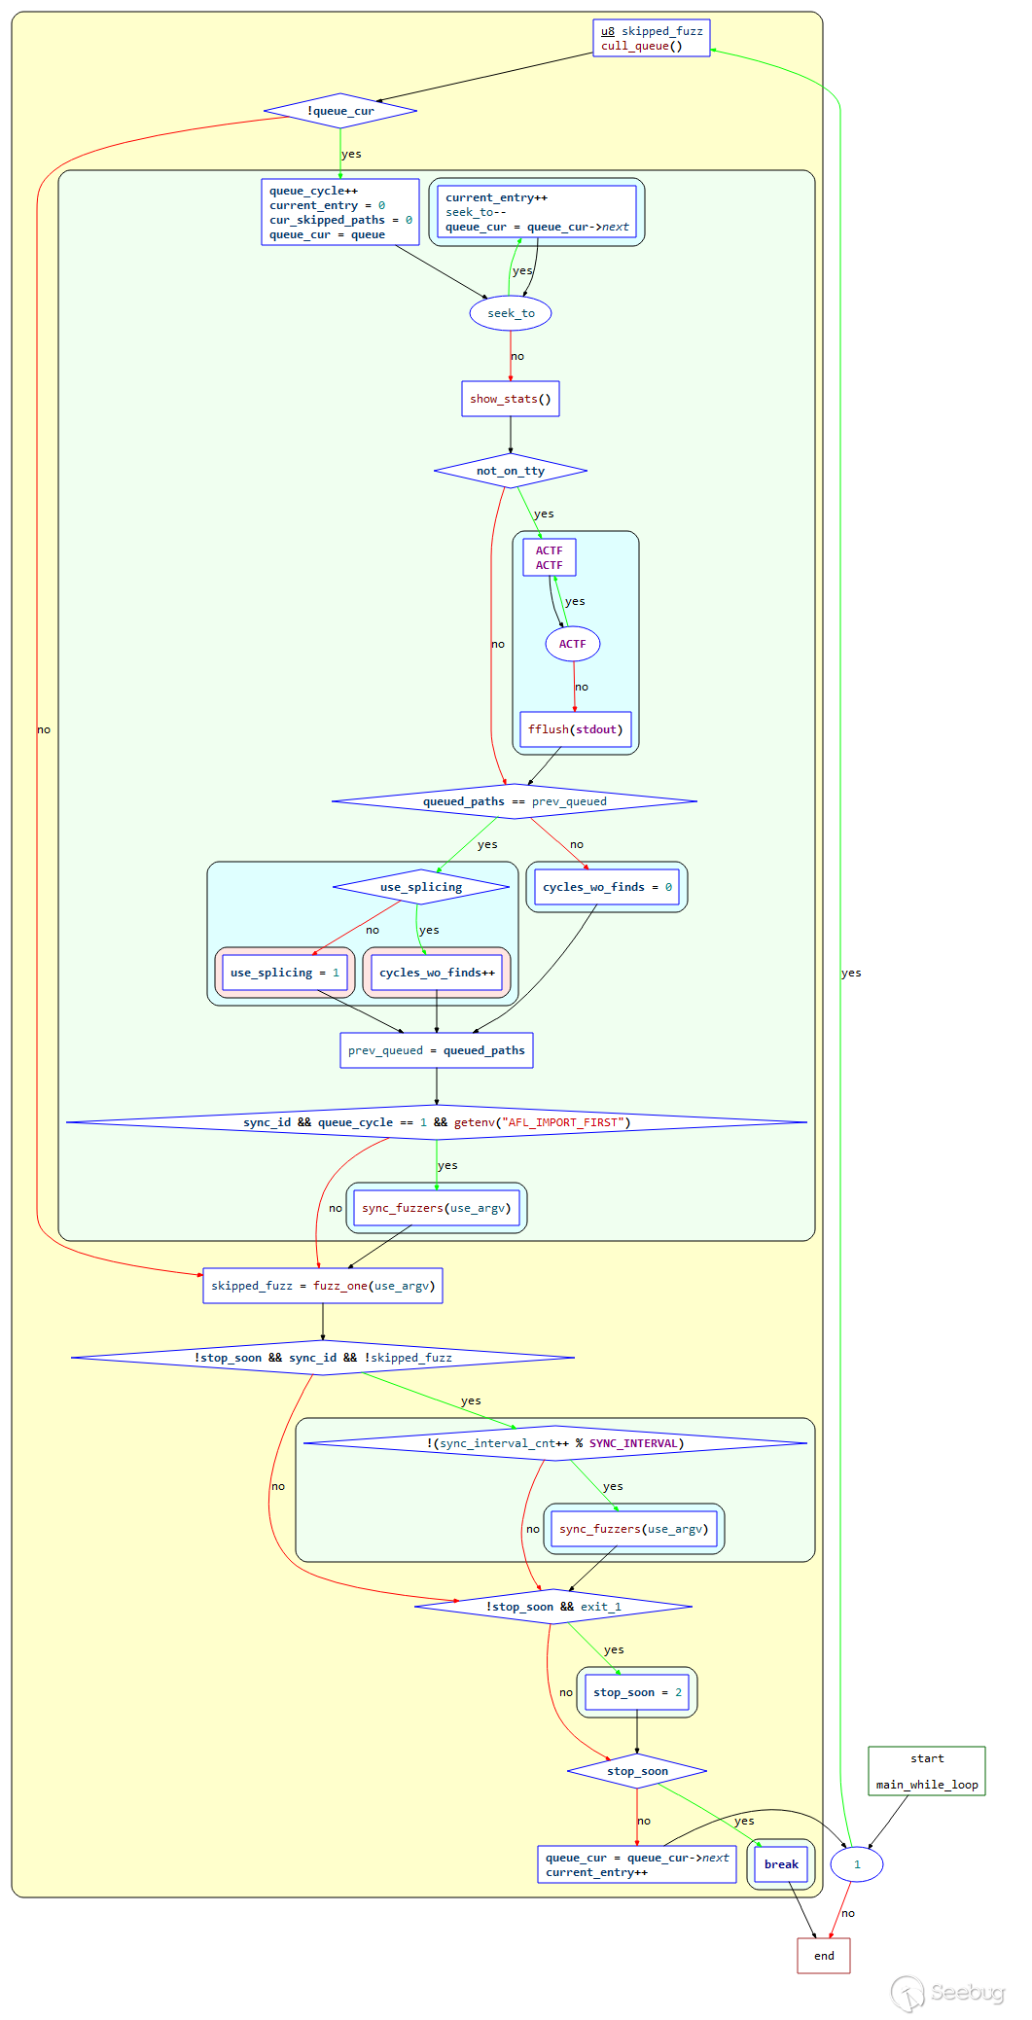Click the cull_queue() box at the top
click(651, 39)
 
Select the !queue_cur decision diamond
click(340, 111)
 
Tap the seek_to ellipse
click(511, 313)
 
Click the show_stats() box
click(510, 399)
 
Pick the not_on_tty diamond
click(510, 471)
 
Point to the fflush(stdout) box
click(575, 729)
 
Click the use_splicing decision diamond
click(421, 887)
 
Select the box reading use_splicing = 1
click(284, 973)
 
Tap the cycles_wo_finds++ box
click(437, 973)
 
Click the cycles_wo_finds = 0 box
click(607, 887)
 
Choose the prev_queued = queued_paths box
click(436, 1050)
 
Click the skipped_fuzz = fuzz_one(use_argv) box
click(323, 1286)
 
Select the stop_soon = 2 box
click(637, 1692)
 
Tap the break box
click(781, 1864)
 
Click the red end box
click(824, 1956)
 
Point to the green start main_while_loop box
click(926, 1771)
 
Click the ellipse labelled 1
click(857, 1864)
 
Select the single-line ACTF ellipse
click(572, 644)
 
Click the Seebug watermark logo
click(948, 1993)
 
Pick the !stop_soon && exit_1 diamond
click(553, 1607)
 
